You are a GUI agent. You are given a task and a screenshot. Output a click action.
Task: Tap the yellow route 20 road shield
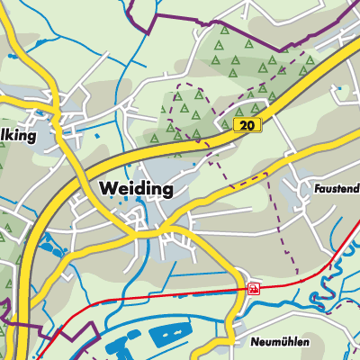[x=247, y=126]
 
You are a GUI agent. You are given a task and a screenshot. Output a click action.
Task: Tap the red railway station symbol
[x=255, y=289]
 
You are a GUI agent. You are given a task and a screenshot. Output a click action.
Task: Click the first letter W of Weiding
[x=107, y=189]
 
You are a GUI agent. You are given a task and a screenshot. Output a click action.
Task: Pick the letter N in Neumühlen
[x=254, y=342]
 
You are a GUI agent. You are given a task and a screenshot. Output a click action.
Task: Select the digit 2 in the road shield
[x=244, y=126]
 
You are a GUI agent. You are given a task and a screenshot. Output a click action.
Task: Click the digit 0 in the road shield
[x=252, y=126]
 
